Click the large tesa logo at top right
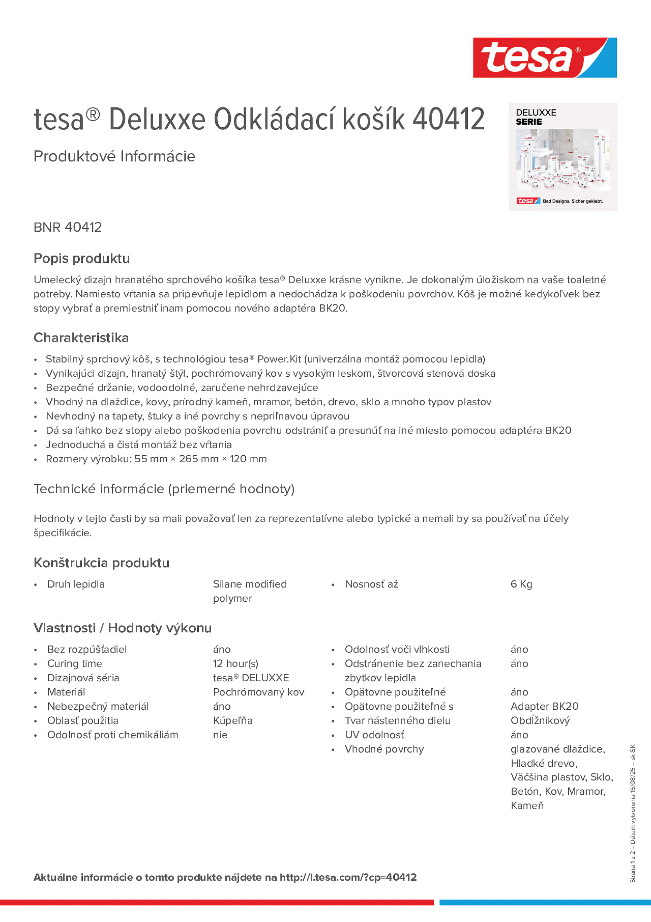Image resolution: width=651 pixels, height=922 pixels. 544,57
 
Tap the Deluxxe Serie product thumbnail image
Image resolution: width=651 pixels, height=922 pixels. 563,157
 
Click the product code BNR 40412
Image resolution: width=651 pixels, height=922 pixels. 67,227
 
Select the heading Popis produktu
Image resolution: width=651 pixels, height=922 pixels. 81,258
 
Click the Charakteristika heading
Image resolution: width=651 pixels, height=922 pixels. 81,338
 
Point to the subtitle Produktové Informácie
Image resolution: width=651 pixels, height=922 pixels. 115,156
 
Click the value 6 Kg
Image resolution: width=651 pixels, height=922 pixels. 521,584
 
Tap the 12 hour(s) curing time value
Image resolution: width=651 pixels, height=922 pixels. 236,663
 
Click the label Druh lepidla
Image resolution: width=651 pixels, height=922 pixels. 76,584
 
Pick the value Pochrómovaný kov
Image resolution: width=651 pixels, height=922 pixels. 258,692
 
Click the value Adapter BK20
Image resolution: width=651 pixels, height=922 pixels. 544,706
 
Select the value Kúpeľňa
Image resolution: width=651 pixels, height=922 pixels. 233,720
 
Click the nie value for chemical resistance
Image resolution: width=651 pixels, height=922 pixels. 220,735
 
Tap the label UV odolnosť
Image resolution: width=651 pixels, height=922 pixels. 374,735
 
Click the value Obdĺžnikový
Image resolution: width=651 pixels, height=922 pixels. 540,720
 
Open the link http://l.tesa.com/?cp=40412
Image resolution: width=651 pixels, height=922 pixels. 348,877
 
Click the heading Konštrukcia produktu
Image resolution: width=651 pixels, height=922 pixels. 101,563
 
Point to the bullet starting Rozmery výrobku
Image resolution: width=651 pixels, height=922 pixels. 156,459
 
